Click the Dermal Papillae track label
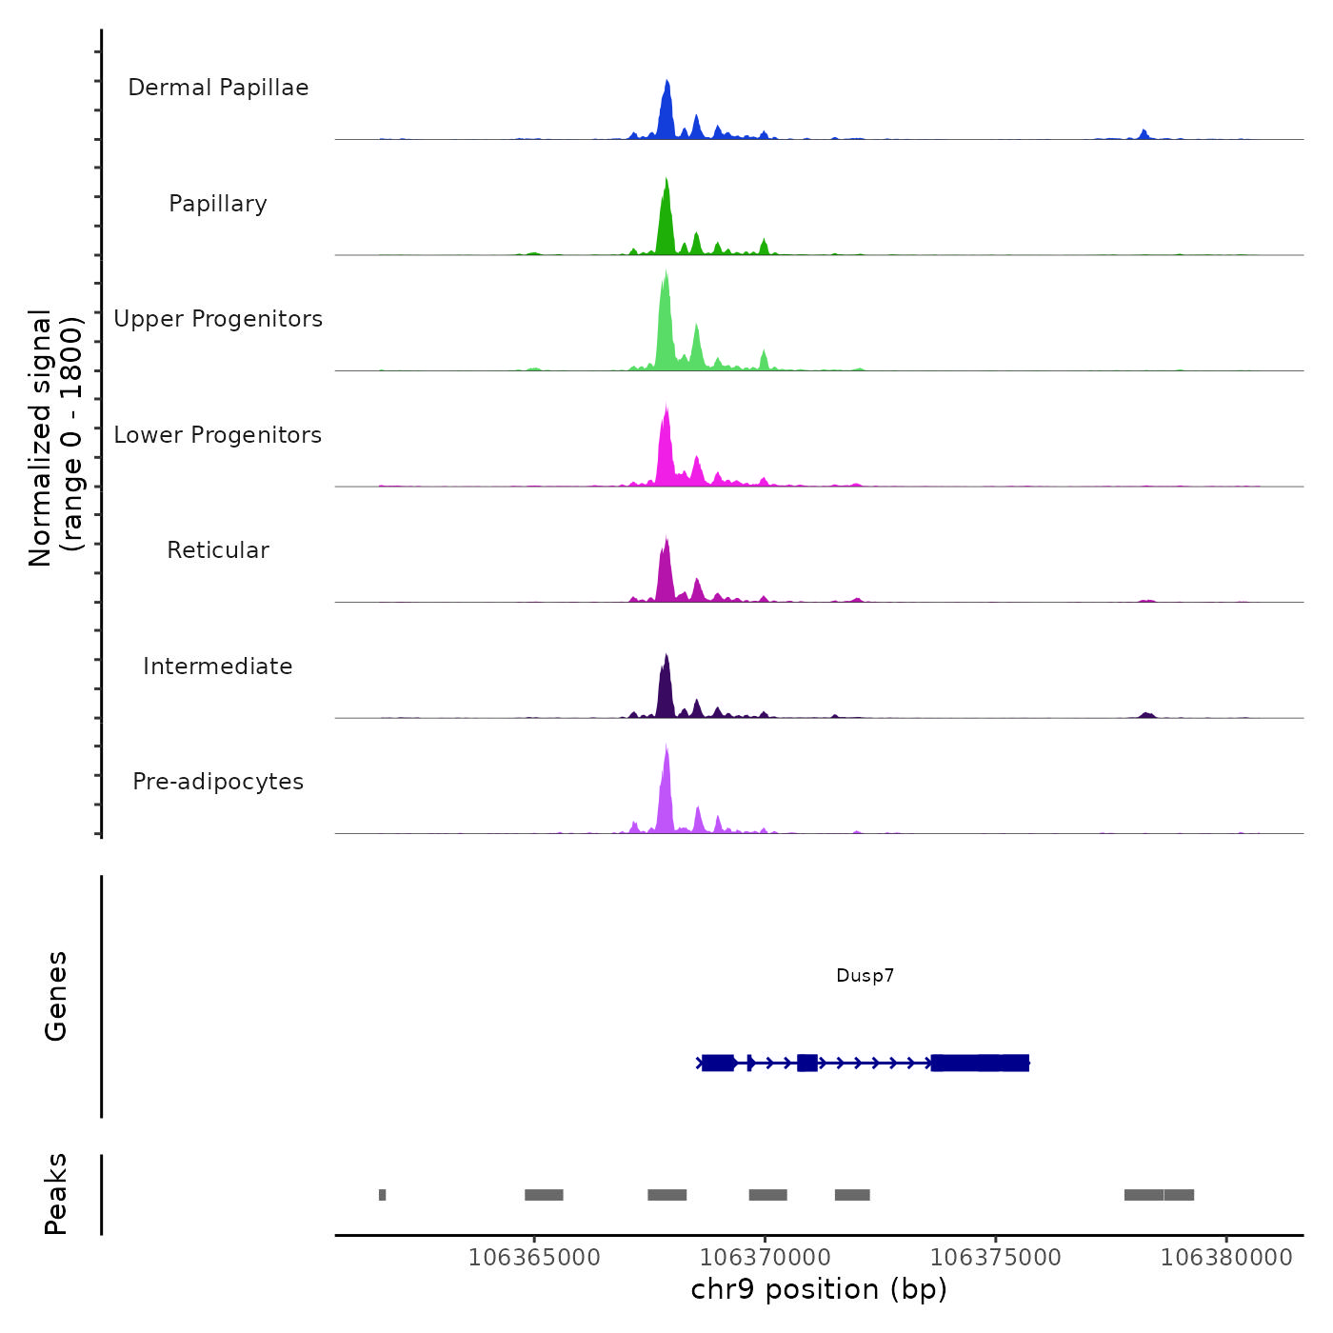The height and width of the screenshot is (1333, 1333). click(x=218, y=88)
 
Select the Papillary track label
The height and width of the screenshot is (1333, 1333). click(x=218, y=204)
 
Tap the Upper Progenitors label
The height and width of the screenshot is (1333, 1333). click(x=218, y=319)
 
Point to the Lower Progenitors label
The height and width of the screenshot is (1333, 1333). click(x=218, y=435)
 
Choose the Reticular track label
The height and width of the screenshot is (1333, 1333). click(x=218, y=550)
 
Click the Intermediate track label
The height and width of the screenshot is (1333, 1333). click(x=218, y=666)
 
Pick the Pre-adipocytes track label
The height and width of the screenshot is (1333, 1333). click(x=218, y=782)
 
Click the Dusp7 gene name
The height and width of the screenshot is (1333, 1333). click(x=865, y=975)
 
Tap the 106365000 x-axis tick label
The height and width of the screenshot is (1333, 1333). click(x=534, y=1258)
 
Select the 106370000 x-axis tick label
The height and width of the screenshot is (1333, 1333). click(x=765, y=1258)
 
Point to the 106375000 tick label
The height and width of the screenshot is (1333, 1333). click(x=995, y=1258)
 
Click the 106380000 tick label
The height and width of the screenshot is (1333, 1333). click(x=1226, y=1258)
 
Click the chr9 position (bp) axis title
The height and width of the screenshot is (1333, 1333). click(x=819, y=1289)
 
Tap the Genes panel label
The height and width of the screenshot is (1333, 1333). click(x=56, y=996)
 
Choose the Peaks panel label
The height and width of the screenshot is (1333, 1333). click(x=56, y=1194)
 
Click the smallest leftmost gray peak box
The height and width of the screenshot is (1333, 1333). click(x=382, y=1195)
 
